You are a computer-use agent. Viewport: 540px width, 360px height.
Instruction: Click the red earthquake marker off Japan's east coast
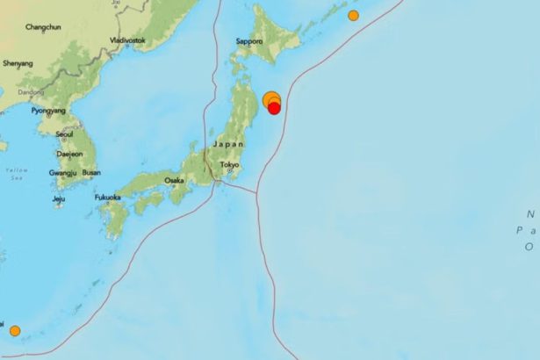pos(274,108)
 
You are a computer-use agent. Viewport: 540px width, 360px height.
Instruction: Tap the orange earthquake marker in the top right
pos(353,16)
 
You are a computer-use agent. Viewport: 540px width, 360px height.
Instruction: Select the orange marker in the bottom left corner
pos(15,330)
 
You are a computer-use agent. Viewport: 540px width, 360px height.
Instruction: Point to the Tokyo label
pos(229,165)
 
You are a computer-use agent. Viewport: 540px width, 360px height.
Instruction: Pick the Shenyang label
pos(18,63)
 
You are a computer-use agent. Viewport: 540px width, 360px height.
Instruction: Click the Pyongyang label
pos(50,112)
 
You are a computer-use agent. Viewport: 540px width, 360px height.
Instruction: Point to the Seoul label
pos(63,134)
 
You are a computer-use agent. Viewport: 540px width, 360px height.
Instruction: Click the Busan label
pos(91,173)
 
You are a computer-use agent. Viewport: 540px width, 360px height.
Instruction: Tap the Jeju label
pos(59,199)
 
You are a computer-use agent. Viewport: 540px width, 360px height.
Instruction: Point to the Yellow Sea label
pos(16,174)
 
